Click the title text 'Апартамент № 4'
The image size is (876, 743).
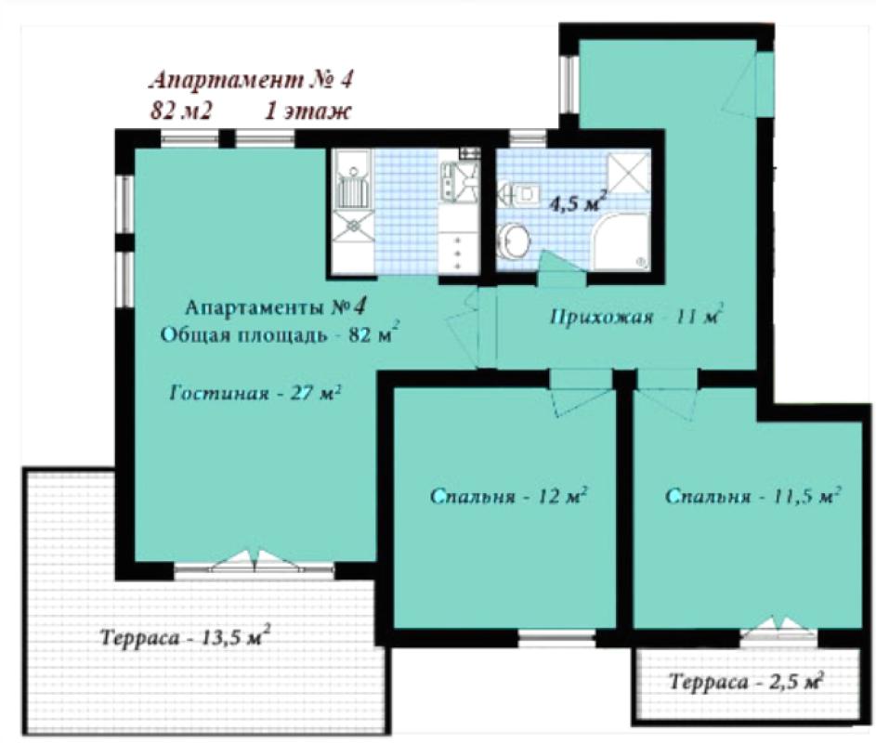click(x=251, y=80)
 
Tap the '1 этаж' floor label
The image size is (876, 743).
click(x=307, y=111)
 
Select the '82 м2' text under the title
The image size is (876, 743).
click(x=181, y=111)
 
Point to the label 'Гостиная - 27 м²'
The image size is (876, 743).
click(x=255, y=393)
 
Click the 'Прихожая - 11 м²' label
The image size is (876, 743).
click(x=636, y=316)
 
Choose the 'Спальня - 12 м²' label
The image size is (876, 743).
click(x=508, y=496)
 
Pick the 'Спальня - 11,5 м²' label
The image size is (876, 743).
click(x=753, y=495)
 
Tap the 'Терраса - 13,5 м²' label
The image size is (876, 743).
click(x=185, y=636)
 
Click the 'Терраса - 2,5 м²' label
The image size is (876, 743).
click(x=747, y=681)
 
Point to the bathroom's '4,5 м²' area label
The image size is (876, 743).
click(x=578, y=202)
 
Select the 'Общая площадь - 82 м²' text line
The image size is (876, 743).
click(x=280, y=334)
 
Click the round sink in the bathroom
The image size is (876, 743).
click(x=514, y=241)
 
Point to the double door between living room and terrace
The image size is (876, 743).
click(x=255, y=562)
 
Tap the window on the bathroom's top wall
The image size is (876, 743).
click(x=528, y=138)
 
